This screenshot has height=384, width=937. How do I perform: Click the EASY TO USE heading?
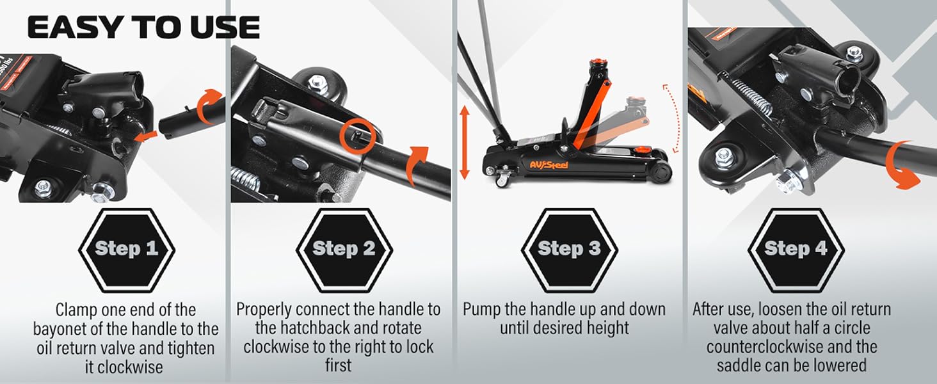pos(143,28)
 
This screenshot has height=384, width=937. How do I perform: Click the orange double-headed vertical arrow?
pos(465,143)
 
